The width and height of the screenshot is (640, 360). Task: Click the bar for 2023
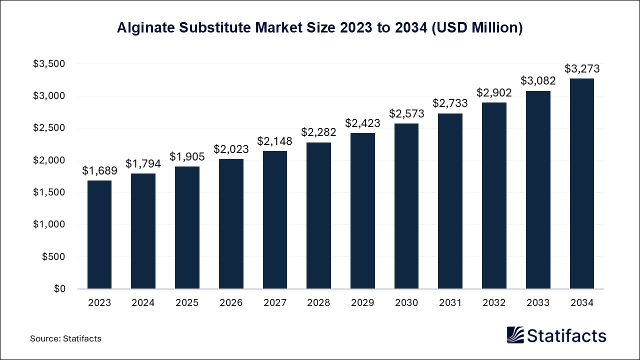click(99, 234)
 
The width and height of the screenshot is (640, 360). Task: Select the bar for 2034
click(582, 183)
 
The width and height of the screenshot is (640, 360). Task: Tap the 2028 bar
click(318, 215)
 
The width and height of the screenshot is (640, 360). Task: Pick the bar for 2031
click(450, 201)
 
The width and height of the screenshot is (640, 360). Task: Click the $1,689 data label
click(99, 171)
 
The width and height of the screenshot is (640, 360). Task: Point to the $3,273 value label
click(582, 69)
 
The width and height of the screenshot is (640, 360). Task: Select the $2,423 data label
click(362, 123)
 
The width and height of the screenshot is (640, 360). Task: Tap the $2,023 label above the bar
click(231, 149)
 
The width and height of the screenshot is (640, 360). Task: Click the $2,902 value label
click(494, 92)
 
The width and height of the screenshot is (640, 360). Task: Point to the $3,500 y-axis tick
click(49, 64)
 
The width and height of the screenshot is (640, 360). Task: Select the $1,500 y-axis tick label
click(49, 192)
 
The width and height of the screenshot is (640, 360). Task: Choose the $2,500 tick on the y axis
click(49, 128)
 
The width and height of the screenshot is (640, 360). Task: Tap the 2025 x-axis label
click(187, 302)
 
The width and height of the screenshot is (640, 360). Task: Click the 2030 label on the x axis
click(406, 302)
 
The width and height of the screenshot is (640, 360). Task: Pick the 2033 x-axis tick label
click(538, 302)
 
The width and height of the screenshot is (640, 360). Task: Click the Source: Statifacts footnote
click(65, 338)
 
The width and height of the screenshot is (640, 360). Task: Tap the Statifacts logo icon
click(515, 335)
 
